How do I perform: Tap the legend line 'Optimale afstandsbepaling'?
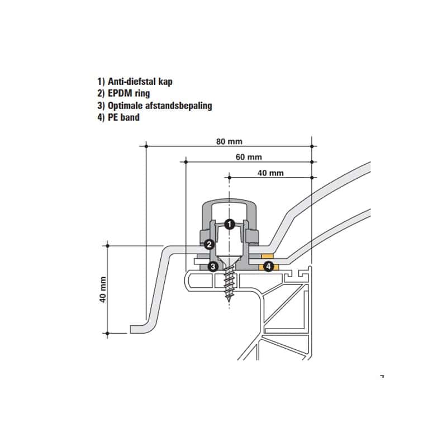click(x=155, y=106)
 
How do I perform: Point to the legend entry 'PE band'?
click(x=118, y=117)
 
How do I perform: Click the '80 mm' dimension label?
click(x=229, y=142)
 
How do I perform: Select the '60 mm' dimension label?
click(x=249, y=157)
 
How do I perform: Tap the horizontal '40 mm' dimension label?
click(x=270, y=173)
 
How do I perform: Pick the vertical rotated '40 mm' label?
click(x=103, y=289)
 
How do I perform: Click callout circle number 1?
click(x=230, y=225)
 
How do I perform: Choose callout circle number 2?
click(x=210, y=244)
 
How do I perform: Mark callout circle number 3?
click(x=213, y=267)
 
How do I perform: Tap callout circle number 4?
click(x=268, y=267)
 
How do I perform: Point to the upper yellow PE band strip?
click(x=268, y=256)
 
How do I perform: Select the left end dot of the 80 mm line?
click(x=146, y=146)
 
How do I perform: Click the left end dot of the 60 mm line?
click(x=186, y=162)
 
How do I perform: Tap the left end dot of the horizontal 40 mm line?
click(x=229, y=178)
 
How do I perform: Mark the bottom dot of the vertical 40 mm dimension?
click(x=107, y=333)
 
